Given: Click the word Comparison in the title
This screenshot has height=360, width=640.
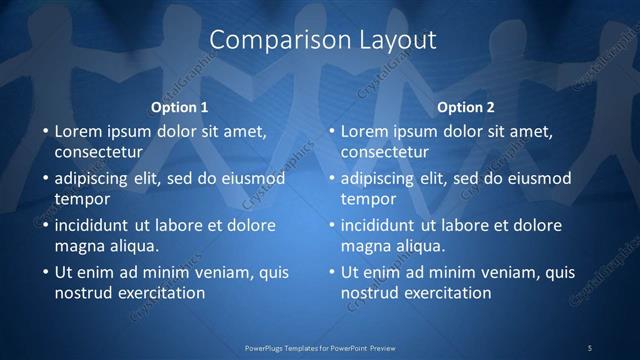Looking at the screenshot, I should [264, 40].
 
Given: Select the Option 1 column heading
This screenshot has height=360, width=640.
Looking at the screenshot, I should [180, 107].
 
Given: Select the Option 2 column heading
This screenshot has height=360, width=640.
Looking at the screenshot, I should [466, 107].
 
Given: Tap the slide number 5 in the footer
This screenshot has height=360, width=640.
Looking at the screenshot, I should [590, 347].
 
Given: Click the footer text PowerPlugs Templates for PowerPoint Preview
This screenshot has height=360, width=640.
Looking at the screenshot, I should [320, 347].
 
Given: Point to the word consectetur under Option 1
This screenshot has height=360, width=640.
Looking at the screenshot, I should [98, 152].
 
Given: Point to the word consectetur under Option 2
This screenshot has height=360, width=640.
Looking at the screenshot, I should [384, 152].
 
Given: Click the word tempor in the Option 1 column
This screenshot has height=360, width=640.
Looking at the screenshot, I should [80, 199].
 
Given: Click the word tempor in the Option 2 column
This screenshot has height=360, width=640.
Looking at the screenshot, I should [366, 199].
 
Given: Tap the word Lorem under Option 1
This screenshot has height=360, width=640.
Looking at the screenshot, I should [78, 131].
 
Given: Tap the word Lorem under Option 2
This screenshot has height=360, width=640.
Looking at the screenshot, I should [364, 131].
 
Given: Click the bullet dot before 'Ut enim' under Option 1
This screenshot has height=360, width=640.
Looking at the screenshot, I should [45, 272].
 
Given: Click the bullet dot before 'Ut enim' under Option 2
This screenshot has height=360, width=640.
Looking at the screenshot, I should [331, 272].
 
